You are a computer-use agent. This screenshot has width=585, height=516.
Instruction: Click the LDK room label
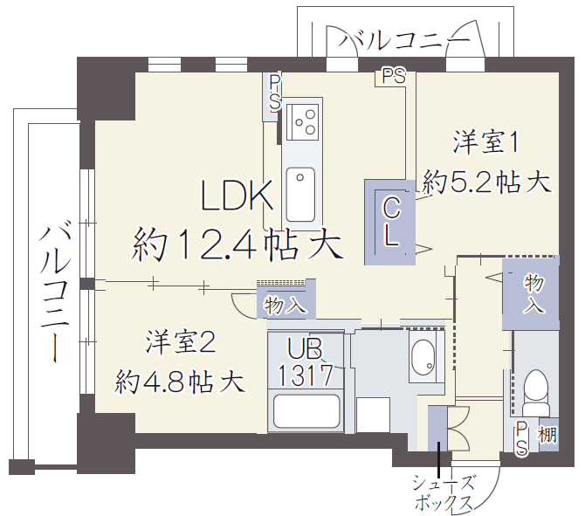pyautogui.click(x=237, y=196)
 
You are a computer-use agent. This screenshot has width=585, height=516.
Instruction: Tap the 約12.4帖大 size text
pyautogui.click(x=237, y=244)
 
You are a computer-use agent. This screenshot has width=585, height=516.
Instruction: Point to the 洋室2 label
pyautogui.click(x=181, y=341)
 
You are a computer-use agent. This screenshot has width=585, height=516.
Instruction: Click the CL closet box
pyautogui.click(x=390, y=223)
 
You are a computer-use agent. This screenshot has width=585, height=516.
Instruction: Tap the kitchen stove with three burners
pyautogui.click(x=303, y=121)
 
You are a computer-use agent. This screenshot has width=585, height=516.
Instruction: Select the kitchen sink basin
pyautogui.click(x=300, y=195)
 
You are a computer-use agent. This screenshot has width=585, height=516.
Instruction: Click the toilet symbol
pyautogui.click(x=536, y=392)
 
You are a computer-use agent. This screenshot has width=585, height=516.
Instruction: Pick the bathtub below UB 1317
pyautogui.click(x=306, y=411)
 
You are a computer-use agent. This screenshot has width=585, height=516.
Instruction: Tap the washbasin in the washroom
pyautogui.click(x=423, y=357)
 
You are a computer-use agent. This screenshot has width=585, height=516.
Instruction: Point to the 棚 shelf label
pyautogui.click(x=547, y=434)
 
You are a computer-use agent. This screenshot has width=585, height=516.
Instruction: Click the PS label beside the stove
pyautogui.click(x=275, y=93)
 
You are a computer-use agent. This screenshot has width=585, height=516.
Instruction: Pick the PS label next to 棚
pyautogui.click(x=521, y=438)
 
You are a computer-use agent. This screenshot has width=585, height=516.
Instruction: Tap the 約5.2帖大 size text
pyautogui.click(x=486, y=182)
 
